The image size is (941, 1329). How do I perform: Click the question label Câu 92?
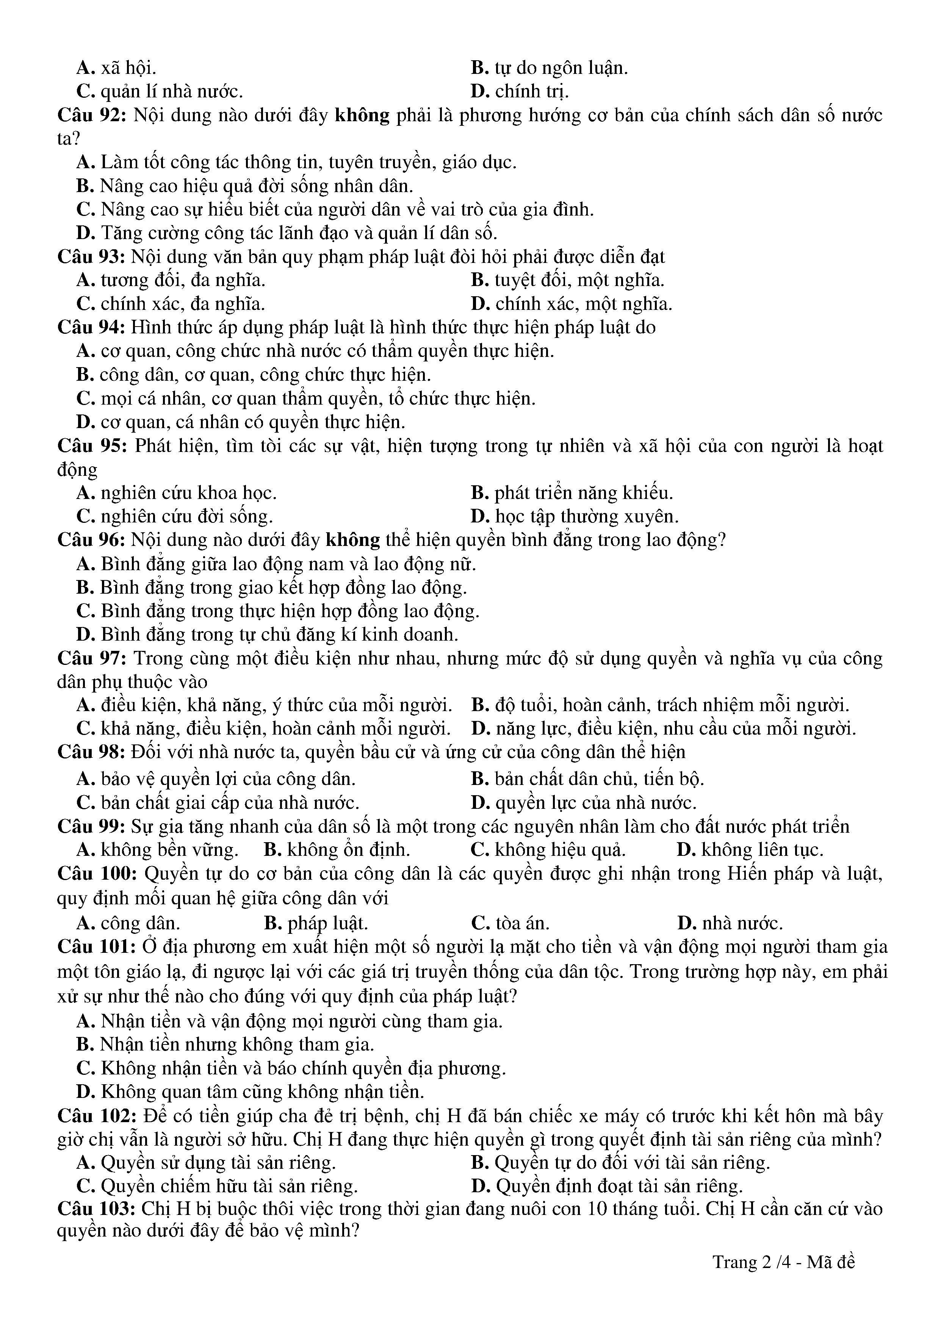point(92,115)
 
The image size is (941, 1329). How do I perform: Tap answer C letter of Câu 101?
point(85,1068)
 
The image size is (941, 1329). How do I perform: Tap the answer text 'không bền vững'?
point(169,850)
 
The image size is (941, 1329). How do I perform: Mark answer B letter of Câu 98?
point(479,779)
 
